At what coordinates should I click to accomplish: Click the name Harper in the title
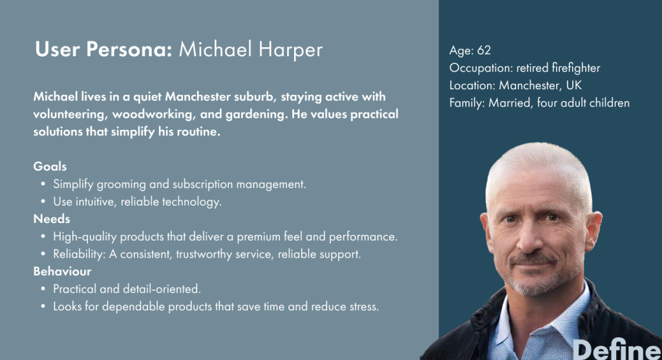[x=290, y=50]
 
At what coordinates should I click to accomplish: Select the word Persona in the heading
[x=129, y=49]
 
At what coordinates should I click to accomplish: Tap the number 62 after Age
[x=484, y=50]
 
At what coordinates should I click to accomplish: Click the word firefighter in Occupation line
[x=576, y=68]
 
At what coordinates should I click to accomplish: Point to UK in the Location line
[x=574, y=85]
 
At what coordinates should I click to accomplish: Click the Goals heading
[x=50, y=166]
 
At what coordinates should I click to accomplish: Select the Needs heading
[x=52, y=218]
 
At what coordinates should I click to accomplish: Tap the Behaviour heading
[x=62, y=271]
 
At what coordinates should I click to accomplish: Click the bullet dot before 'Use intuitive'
[x=43, y=202]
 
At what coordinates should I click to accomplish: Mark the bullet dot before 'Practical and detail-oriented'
[x=43, y=289]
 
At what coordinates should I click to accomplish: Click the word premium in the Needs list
[x=259, y=237]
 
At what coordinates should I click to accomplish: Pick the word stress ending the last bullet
[x=365, y=306]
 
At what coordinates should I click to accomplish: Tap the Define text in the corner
[x=616, y=350]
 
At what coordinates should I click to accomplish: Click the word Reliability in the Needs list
[x=79, y=255]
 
